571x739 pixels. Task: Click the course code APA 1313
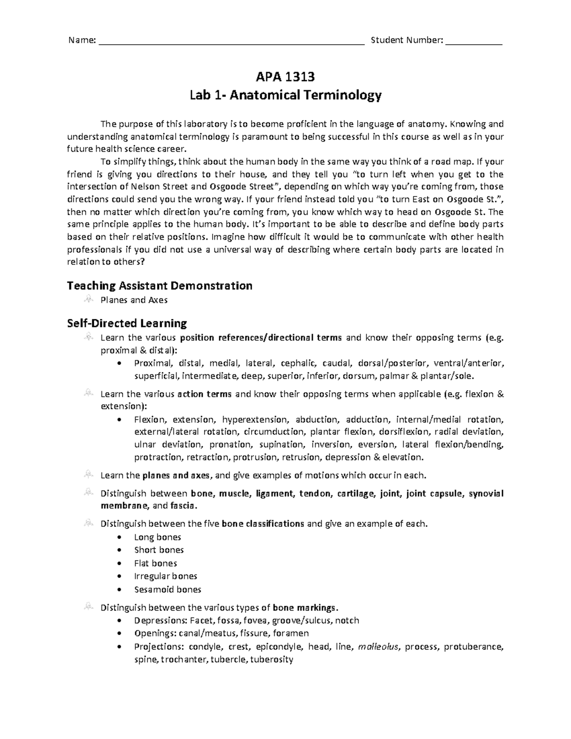(285, 77)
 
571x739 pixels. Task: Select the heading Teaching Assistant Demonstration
(160, 286)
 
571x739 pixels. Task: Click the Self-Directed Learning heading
(127, 324)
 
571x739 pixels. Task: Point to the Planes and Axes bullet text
(134, 300)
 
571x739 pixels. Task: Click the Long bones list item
(158, 537)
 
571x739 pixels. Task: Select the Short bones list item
(159, 550)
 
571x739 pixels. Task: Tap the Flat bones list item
(156, 563)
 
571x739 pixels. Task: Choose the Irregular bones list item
(166, 576)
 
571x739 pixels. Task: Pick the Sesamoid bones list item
(167, 590)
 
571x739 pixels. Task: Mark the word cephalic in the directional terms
(298, 364)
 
